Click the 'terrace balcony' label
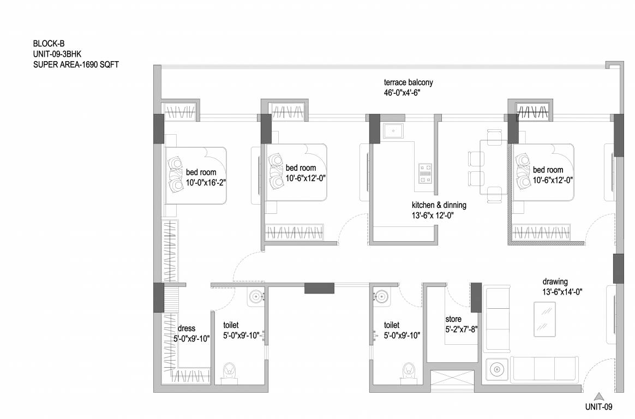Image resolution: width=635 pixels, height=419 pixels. [x=408, y=82]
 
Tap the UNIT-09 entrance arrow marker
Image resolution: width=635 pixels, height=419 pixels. [x=599, y=397]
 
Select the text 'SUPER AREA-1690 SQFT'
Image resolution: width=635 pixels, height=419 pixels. [x=76, y=64]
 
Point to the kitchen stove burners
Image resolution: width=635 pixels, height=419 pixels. [x=424, y=173]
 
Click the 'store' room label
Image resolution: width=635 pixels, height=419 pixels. [x=453, y=319]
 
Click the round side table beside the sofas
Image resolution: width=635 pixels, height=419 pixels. [x=496, y=370]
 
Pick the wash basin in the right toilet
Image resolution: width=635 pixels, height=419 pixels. [x=380, y=297]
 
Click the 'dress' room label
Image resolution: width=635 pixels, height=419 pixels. [x=187, y=328]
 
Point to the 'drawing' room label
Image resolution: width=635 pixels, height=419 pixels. [x=555, y=282]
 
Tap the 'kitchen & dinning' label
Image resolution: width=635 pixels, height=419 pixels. [x=439, y=205]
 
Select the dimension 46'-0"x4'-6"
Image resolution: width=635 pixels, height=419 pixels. [x=402, y=93]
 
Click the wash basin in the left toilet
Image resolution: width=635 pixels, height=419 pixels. [x=256, y=297]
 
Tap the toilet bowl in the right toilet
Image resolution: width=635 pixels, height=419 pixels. [x=407, y=372]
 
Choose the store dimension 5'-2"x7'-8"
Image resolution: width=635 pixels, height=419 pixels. [x=462, y=329]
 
